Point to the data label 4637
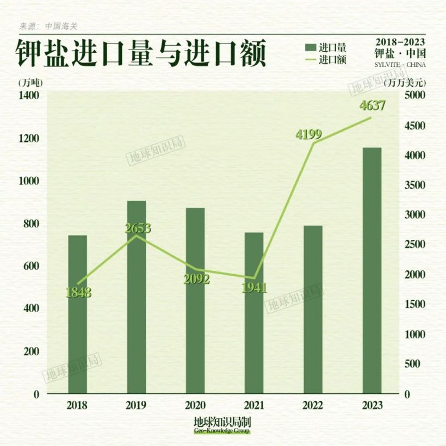click(373, 106)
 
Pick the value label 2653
click(138, 228)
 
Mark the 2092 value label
click(196, 279)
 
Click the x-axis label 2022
click(313, 406)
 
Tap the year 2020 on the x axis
click(195, 406)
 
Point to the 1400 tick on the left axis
click(29, 96)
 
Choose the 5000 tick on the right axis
click(414, 96)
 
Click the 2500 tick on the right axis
click(414, 245)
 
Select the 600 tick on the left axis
click(32, 266)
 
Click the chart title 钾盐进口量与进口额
click(140, 54)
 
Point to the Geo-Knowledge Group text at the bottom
click(222, 431)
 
